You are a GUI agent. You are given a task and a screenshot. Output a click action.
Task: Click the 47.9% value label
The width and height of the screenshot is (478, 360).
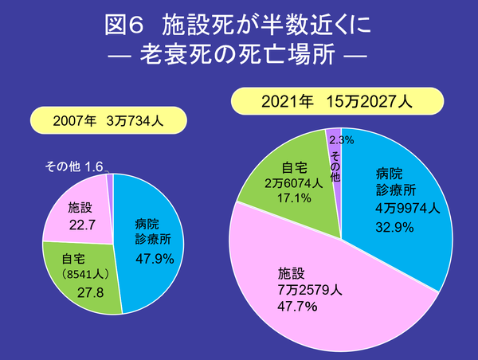[x=155, y=259]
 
